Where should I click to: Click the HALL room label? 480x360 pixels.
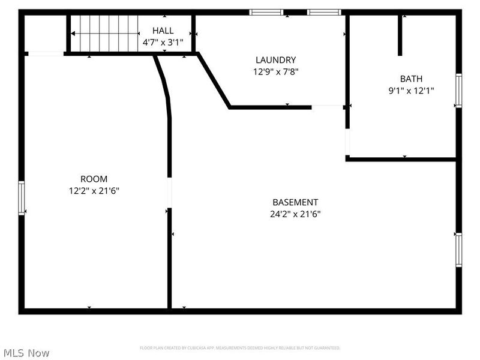click(163, 31)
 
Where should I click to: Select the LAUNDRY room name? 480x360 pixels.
click(275, 60)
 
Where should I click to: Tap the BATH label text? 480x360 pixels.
click(411, 79)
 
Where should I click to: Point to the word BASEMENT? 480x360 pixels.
click(295, 202)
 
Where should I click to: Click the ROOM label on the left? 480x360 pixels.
click(94, 179)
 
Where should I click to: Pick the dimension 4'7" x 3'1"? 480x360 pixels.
click(163, 43)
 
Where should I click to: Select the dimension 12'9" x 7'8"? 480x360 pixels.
click(275, 71)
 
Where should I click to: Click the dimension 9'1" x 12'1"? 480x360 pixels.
click(411, 91)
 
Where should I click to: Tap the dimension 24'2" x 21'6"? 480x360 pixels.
click(295, 214)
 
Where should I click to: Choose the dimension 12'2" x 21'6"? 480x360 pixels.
click(94, 191)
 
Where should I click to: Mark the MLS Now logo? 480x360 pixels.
click(26, 353)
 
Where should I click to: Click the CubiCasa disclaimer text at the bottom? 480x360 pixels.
click(240, 348)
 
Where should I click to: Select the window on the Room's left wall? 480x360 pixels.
click(22, 198)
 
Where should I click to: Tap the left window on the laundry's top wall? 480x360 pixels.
click(266, 12)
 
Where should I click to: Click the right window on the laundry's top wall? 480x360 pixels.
click(324, 12)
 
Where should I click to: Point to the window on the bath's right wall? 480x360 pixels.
click(458, 91)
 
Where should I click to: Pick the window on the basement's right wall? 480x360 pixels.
click(458, 250)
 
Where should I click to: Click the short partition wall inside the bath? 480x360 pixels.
click(400, 35)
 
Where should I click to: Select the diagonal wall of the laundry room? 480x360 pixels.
click(214, 81)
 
